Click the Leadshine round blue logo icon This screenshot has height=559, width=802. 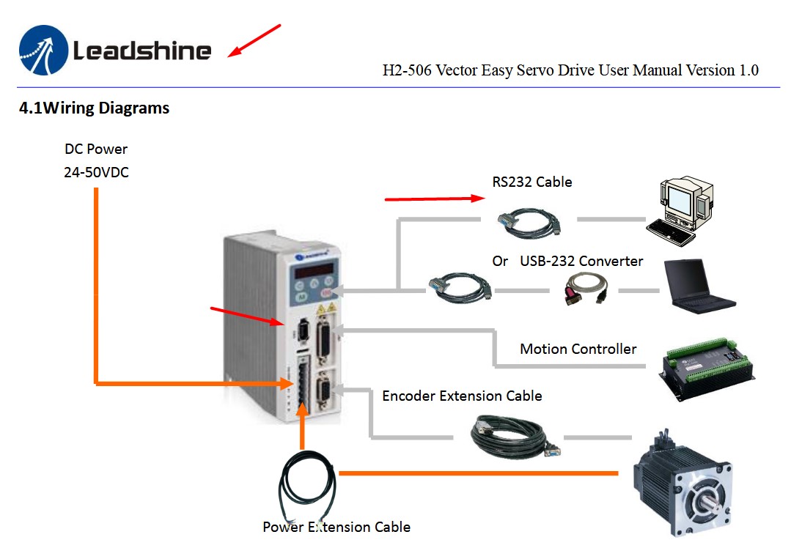[x=43, y=50]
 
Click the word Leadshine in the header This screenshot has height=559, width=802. [x=142, y=51]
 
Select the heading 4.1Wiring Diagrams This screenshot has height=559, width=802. [x=95, y=108]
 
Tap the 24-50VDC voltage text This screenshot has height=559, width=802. [x=96, y=174]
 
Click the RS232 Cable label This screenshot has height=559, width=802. [x=532, y=182]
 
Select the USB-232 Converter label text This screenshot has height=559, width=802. [x=581, y=261]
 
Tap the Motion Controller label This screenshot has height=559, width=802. [x=578, y=349]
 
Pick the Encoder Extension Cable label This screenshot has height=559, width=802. [x=462, y=396]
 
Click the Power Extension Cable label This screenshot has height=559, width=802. [x=336, y=527]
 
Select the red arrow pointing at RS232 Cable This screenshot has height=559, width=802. [x=434, y=198]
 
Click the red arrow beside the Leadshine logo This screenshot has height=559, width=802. [x=254, y=40]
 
